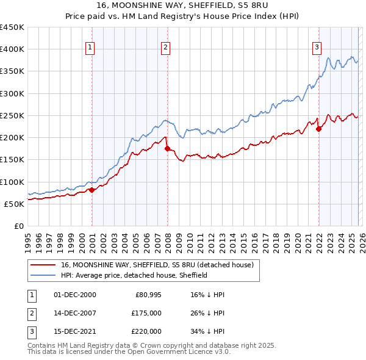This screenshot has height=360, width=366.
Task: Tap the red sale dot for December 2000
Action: pos(91,190)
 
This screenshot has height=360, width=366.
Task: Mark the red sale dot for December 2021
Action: pos(318,129)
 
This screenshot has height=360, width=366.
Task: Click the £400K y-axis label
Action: pos(13,49)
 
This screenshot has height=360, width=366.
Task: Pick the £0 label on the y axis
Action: pos(20,226)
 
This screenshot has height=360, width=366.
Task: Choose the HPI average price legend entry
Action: pos(134,275)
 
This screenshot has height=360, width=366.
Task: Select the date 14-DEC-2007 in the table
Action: pos(75,313)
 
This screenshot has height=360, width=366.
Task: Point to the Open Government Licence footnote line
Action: pos(129,352)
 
